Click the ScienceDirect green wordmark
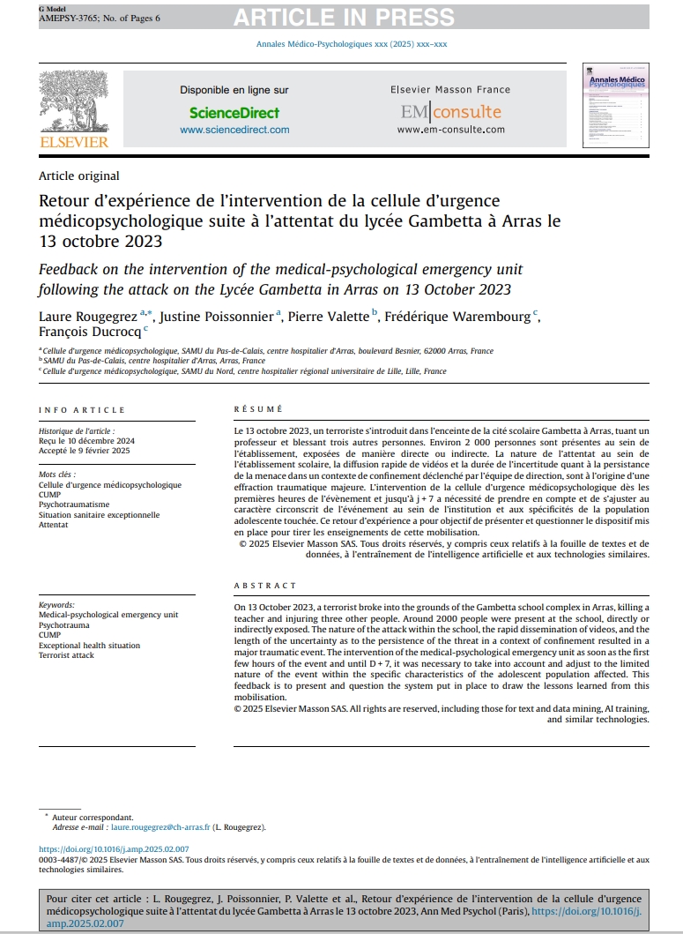[234, 113]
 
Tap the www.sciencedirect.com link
[234, 130]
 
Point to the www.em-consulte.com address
[450, 130]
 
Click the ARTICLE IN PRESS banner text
[345, 16]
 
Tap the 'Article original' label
[79, 176]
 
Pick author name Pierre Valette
[330, 317]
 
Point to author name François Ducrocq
[90, 333]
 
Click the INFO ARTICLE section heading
[82, 410]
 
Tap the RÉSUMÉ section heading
[258, 410]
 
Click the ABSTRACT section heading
[265, 586]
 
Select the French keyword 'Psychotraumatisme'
[75, 504]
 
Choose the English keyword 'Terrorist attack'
[66, 655]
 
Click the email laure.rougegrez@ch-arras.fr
[160, 827]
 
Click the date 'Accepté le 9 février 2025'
[84, 451]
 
